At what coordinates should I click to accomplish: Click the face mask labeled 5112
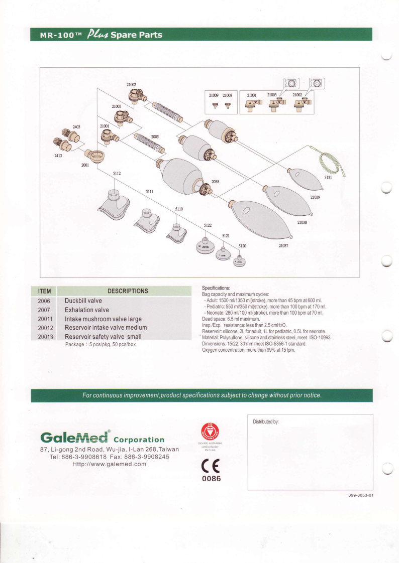(x=116, y=203)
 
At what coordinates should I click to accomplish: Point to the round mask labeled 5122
(x=206, y=245)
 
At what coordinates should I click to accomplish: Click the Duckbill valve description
(x=83, y=301)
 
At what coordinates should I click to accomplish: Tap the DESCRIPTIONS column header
(x=128, y=291)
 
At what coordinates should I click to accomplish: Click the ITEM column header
(x=45, y=291)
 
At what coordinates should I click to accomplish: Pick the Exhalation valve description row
(x=87, y=310)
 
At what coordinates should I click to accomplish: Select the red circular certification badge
(x=211, y=431)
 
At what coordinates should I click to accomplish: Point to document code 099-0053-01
(x=361, y=495)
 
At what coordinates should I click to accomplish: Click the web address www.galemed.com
(x=110, y=464)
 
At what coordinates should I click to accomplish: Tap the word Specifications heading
(x=216, y=288)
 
